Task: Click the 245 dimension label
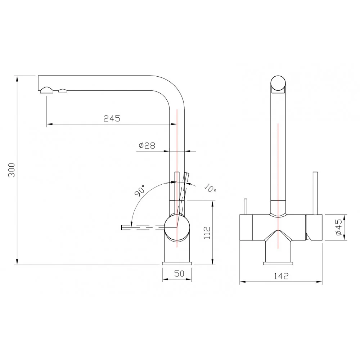coord(112,118)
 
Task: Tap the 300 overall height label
coord(12,170)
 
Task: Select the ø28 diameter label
coord(147,145)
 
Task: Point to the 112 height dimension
coord(207,233)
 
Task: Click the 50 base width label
coord(179,274)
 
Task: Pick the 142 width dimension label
coord(281,276)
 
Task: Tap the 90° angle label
coord(140,190)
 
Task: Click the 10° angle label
coord(210,188)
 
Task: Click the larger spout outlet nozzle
coord(47,90)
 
